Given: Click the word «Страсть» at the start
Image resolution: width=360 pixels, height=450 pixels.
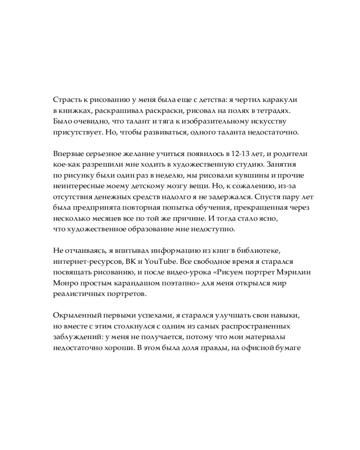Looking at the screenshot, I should tap(67, 99).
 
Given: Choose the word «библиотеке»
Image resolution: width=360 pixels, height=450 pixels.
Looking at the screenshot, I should tap(261, 250).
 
